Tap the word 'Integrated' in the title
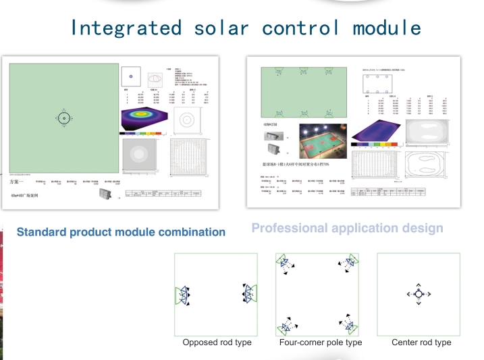click(126, 28)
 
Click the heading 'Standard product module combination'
click(121, 232)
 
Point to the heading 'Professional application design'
click(347, 228)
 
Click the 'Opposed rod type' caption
click(217, 342)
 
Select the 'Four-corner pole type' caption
click(321, 342)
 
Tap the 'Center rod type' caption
click(421, 342)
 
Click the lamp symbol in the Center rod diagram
click(419, 294)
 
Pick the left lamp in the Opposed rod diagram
click(183, 294)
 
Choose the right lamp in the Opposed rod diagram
click(248, 293)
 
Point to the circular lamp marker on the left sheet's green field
click(63, 118)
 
